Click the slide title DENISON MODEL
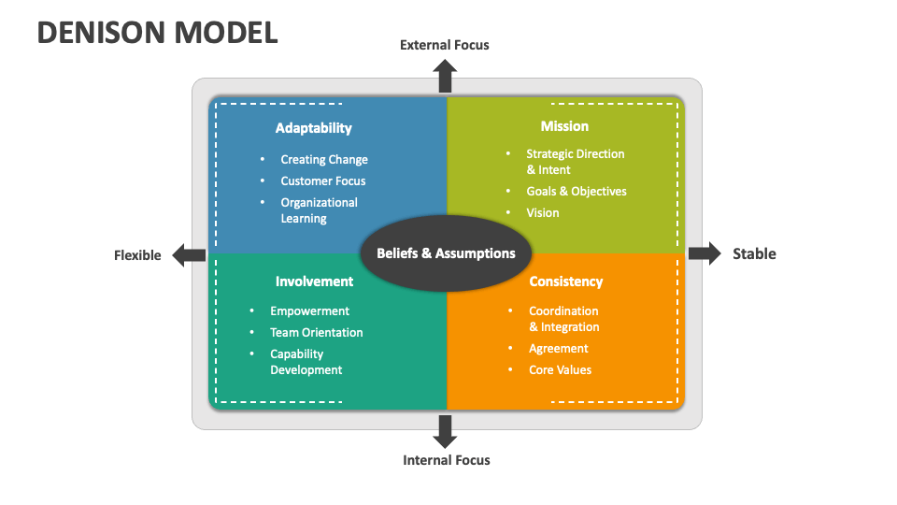157,32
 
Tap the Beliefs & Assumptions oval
446,253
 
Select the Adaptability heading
313,128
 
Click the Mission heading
564,126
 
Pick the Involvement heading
314,281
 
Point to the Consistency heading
565,281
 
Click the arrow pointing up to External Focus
446,75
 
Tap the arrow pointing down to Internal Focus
446,430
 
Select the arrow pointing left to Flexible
190,254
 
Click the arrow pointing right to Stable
705,253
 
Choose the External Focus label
444,45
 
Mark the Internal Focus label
446,460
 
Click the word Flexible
137,255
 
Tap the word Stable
754,253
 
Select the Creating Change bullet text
324,160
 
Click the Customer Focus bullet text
323,181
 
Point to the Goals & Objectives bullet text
577,192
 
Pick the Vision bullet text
543,213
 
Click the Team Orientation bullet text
317,333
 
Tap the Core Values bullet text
561,370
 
